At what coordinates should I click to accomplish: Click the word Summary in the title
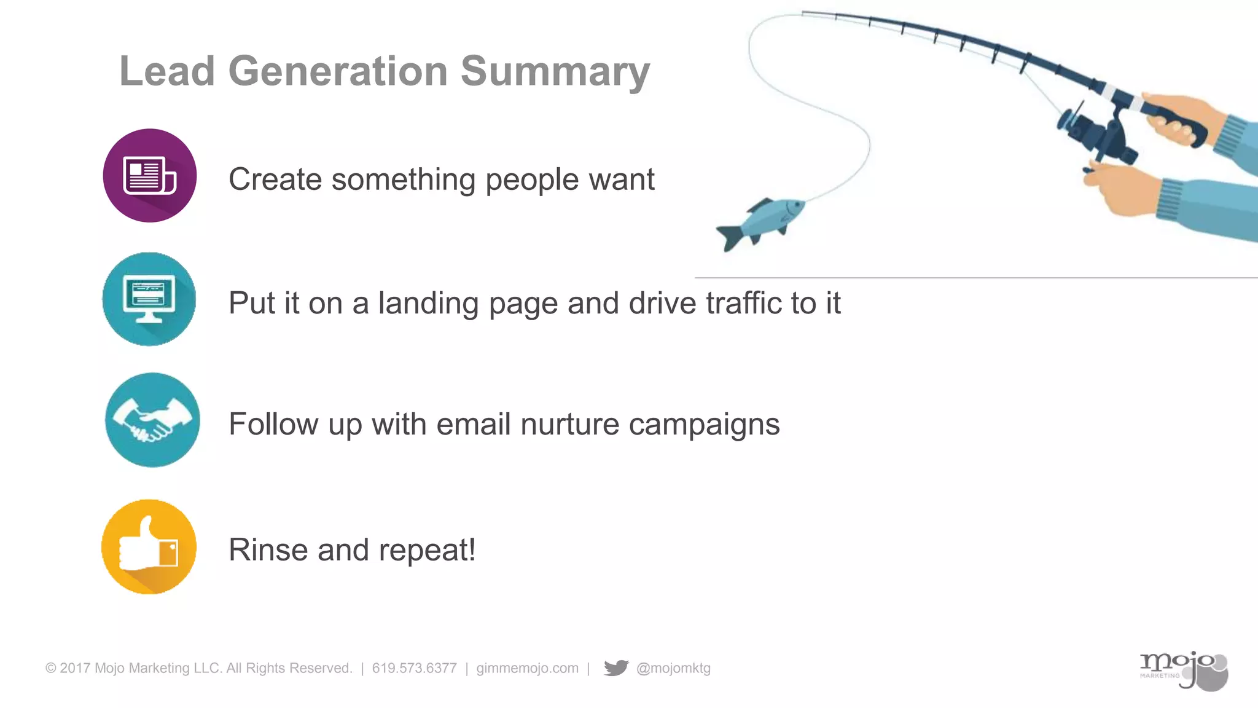point(555,72)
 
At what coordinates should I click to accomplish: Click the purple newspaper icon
point(150,176)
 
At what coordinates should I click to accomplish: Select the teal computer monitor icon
point(149,299)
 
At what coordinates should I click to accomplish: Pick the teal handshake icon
point(152,420)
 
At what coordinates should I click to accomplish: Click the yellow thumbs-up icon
point(149,546)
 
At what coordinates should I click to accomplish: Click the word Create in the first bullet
point(275,179)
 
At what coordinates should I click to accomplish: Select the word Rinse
point(268,549)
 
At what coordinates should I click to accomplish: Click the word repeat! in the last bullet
point(427,551)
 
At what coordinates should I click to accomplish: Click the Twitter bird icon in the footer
point(616,668)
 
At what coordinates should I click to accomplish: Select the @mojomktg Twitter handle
point(673,668)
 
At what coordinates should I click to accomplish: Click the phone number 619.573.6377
point(414,668)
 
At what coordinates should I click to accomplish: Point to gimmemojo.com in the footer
point(527,668)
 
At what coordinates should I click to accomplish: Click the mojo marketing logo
point(1183,671)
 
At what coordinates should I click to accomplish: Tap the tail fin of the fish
point(729,237)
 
